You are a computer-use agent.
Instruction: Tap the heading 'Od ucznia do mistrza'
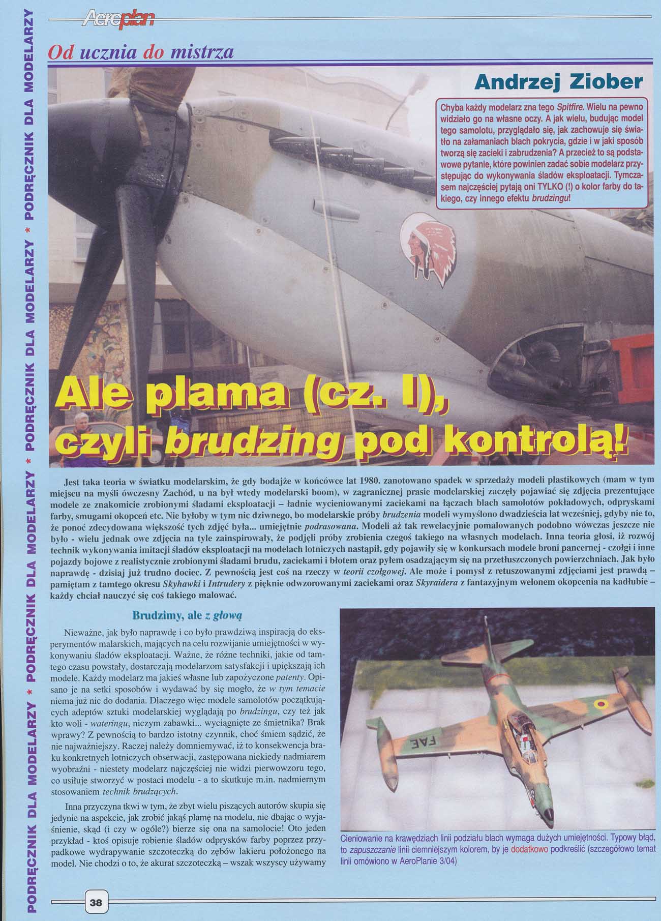[x=140, y=53]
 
